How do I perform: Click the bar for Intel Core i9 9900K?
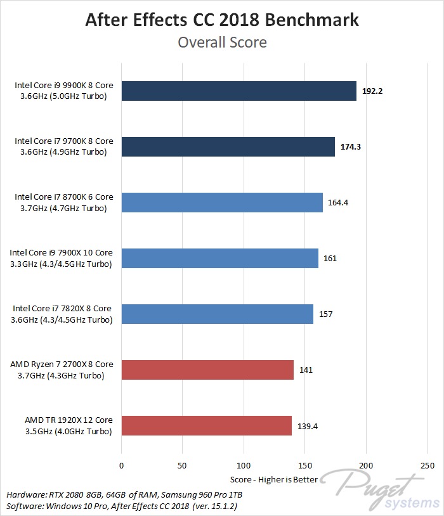coord(238,91)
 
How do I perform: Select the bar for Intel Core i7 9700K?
coord(228,146)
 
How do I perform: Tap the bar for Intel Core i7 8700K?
coord(222,202)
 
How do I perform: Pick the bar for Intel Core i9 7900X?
coord(219,258)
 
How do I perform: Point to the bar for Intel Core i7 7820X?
coord(217,314)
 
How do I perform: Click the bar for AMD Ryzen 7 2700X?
coord(207,370)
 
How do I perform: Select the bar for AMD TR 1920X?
coord(206,425)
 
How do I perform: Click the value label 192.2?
coord(372,91)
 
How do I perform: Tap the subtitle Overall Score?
coord(222,42)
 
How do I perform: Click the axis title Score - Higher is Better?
coord(273,479)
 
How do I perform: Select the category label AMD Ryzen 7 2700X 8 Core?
coord(62,364)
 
